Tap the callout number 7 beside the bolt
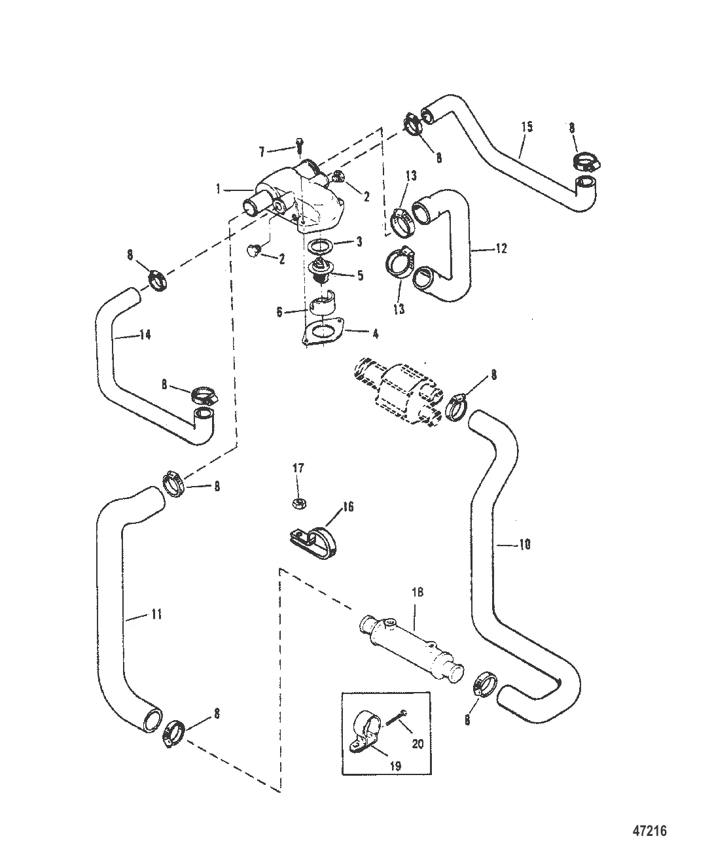(x=262, y=152)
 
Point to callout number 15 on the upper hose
(x=527, y=127)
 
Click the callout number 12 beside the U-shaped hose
(x=501, y=249)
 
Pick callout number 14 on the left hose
(x=145, y=335)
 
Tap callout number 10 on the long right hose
(x=525, y=544)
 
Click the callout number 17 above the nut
(x=298, y=468)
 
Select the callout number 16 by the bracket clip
(x=348, y=507)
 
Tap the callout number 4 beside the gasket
(x=375, y=334)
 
